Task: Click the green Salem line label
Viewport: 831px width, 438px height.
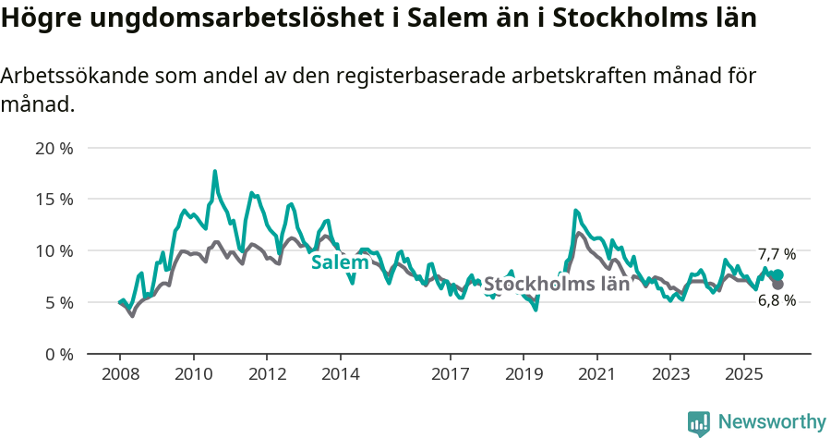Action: [340, 262]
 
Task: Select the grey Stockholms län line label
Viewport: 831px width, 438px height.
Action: [557, 284]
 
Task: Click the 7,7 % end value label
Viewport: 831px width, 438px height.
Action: [777, 254]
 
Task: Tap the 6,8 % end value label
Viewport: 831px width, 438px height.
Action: [777, 300]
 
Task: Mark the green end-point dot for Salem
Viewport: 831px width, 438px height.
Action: [777, 274]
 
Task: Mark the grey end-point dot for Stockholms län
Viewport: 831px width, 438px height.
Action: [777, 284]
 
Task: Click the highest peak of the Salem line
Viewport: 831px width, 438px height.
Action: [215, 171]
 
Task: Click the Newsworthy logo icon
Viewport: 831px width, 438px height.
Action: [699, 423]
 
